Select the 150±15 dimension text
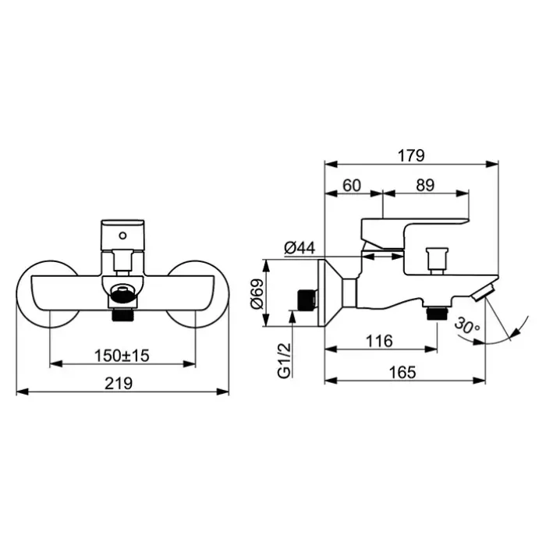[122, 355]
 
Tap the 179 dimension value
[411, 155]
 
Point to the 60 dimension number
[353, 185]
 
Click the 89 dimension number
[426, 185]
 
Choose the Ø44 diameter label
[300, 248]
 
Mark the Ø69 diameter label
[260, 294]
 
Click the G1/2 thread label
[285, 361]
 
